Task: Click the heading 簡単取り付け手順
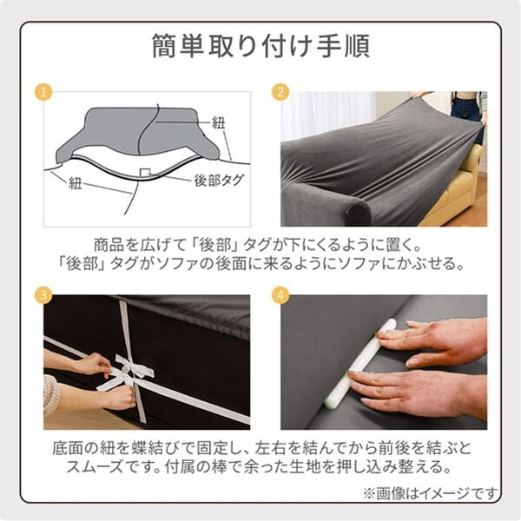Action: [260, 47]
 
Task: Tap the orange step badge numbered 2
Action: [280, 92]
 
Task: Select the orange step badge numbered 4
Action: [280, 295]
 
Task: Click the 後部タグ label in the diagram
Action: [220, 181]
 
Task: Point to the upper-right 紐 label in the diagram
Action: [219, 122]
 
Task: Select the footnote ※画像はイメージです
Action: [431, 494]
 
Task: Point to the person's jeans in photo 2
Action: [467, 113]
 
